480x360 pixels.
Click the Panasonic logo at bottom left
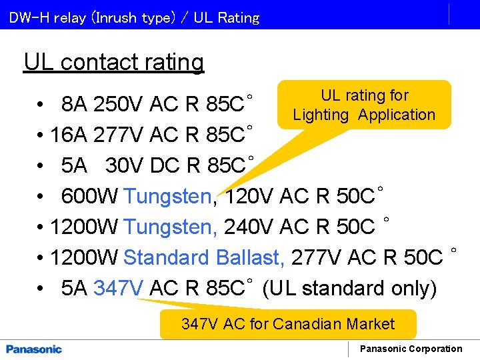tap(34, 349)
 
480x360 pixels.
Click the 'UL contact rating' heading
tap(113, 62)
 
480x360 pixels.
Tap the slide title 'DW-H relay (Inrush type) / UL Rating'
tap(134, 17)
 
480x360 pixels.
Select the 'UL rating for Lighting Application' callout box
tap(364, 105)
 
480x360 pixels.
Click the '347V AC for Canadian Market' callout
tap(288, 325)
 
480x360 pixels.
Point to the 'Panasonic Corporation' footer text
tap(411, 349)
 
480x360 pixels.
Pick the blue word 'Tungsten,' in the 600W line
tap(170, 197)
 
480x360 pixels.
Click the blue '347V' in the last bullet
tap(119, 289)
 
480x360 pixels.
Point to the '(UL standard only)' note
tap(350, 289)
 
